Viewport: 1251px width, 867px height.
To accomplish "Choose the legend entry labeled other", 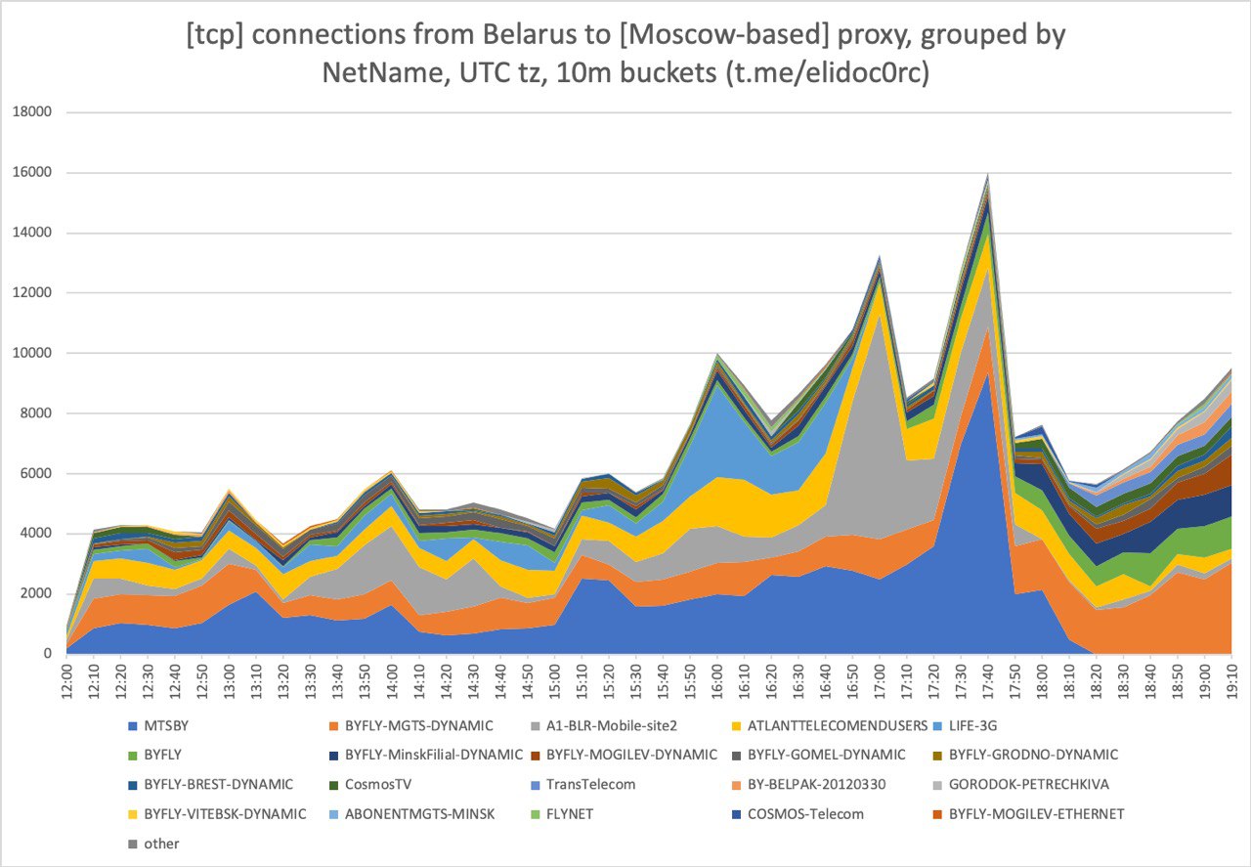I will pyautogui.click(x=160, y=843).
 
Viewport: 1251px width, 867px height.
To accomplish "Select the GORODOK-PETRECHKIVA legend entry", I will pyautogui.click(x=1026, y=784).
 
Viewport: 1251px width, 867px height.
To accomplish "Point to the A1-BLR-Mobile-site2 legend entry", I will pyautogui.click(x=617, y=725).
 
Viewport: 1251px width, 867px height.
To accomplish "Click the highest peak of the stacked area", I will pyautogui.click(x=988, y=173).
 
